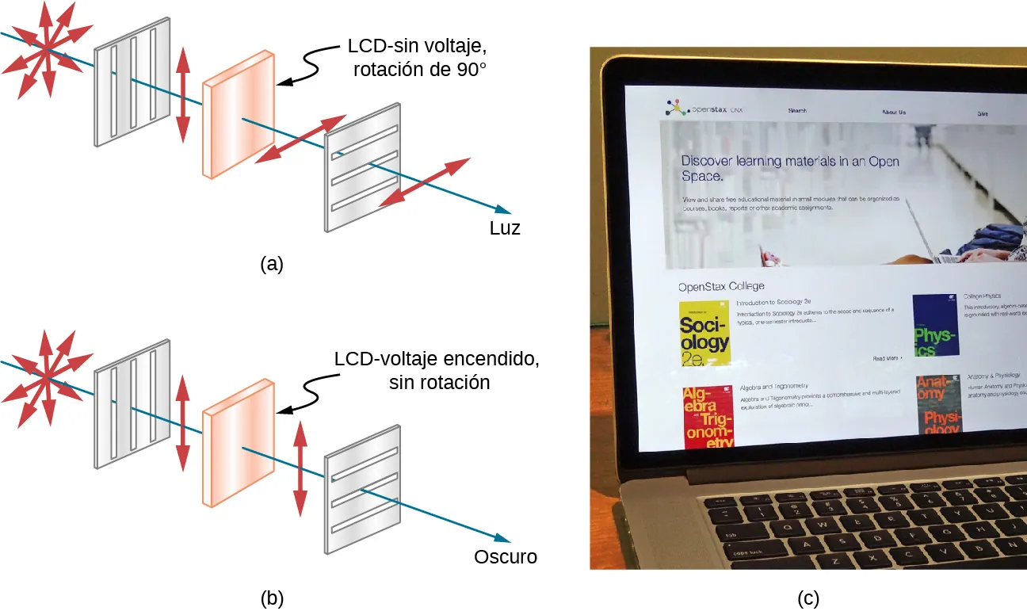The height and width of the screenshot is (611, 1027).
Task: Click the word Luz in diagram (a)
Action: point(505,228)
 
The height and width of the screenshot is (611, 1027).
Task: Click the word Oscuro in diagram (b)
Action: point(505,556)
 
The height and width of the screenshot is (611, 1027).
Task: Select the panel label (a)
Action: point(272,264)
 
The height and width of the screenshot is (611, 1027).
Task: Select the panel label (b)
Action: point(272,598)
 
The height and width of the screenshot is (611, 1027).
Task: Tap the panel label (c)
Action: point(807,598)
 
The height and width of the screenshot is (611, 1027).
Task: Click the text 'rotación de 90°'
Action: point(419,70)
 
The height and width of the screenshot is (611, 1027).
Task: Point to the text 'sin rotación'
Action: point(439,382)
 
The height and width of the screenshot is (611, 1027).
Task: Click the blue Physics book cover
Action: point(935,326)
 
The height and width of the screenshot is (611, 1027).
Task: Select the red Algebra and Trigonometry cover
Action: point(708,417)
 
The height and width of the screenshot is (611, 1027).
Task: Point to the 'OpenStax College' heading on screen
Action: point(721,286)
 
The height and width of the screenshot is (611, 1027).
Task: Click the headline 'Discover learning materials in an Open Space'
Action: point(789,167)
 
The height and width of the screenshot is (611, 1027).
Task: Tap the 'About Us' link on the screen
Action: point(893,113)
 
